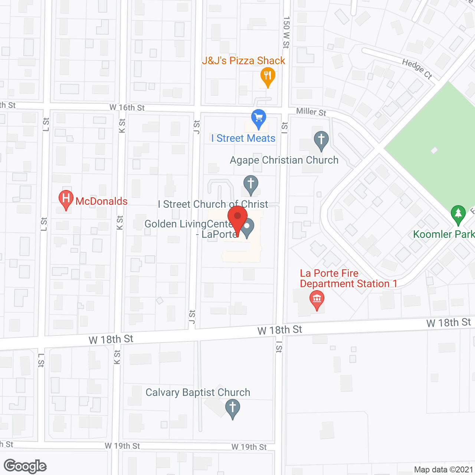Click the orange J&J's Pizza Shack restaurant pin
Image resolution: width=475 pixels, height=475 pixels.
tap(268, 76)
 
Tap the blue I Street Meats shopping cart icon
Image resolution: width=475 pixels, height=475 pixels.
tap(259, 118)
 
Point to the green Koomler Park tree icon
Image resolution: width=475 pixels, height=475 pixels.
tap(458, 214)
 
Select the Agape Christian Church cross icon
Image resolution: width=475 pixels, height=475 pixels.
tap(321, 140)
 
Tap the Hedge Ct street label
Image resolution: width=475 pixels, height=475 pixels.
tap(417, 69)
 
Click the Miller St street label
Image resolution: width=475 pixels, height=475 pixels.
tap(311, 112)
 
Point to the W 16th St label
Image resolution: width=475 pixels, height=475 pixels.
tap(127, 108)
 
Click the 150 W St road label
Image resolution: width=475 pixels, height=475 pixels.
tap(286, 32)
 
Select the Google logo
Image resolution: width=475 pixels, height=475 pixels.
tap(25, 466)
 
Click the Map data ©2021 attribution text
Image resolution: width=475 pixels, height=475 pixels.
tap(443, 469)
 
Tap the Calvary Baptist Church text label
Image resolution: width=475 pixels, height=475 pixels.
tap(198, 392)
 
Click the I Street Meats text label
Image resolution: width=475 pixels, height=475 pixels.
tap(243, 138)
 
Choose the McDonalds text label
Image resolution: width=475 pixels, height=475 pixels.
tap(102, 201)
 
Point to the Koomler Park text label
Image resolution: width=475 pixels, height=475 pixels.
tap(444, 234)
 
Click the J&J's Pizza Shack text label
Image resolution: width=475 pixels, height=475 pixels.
tap(243, 60)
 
